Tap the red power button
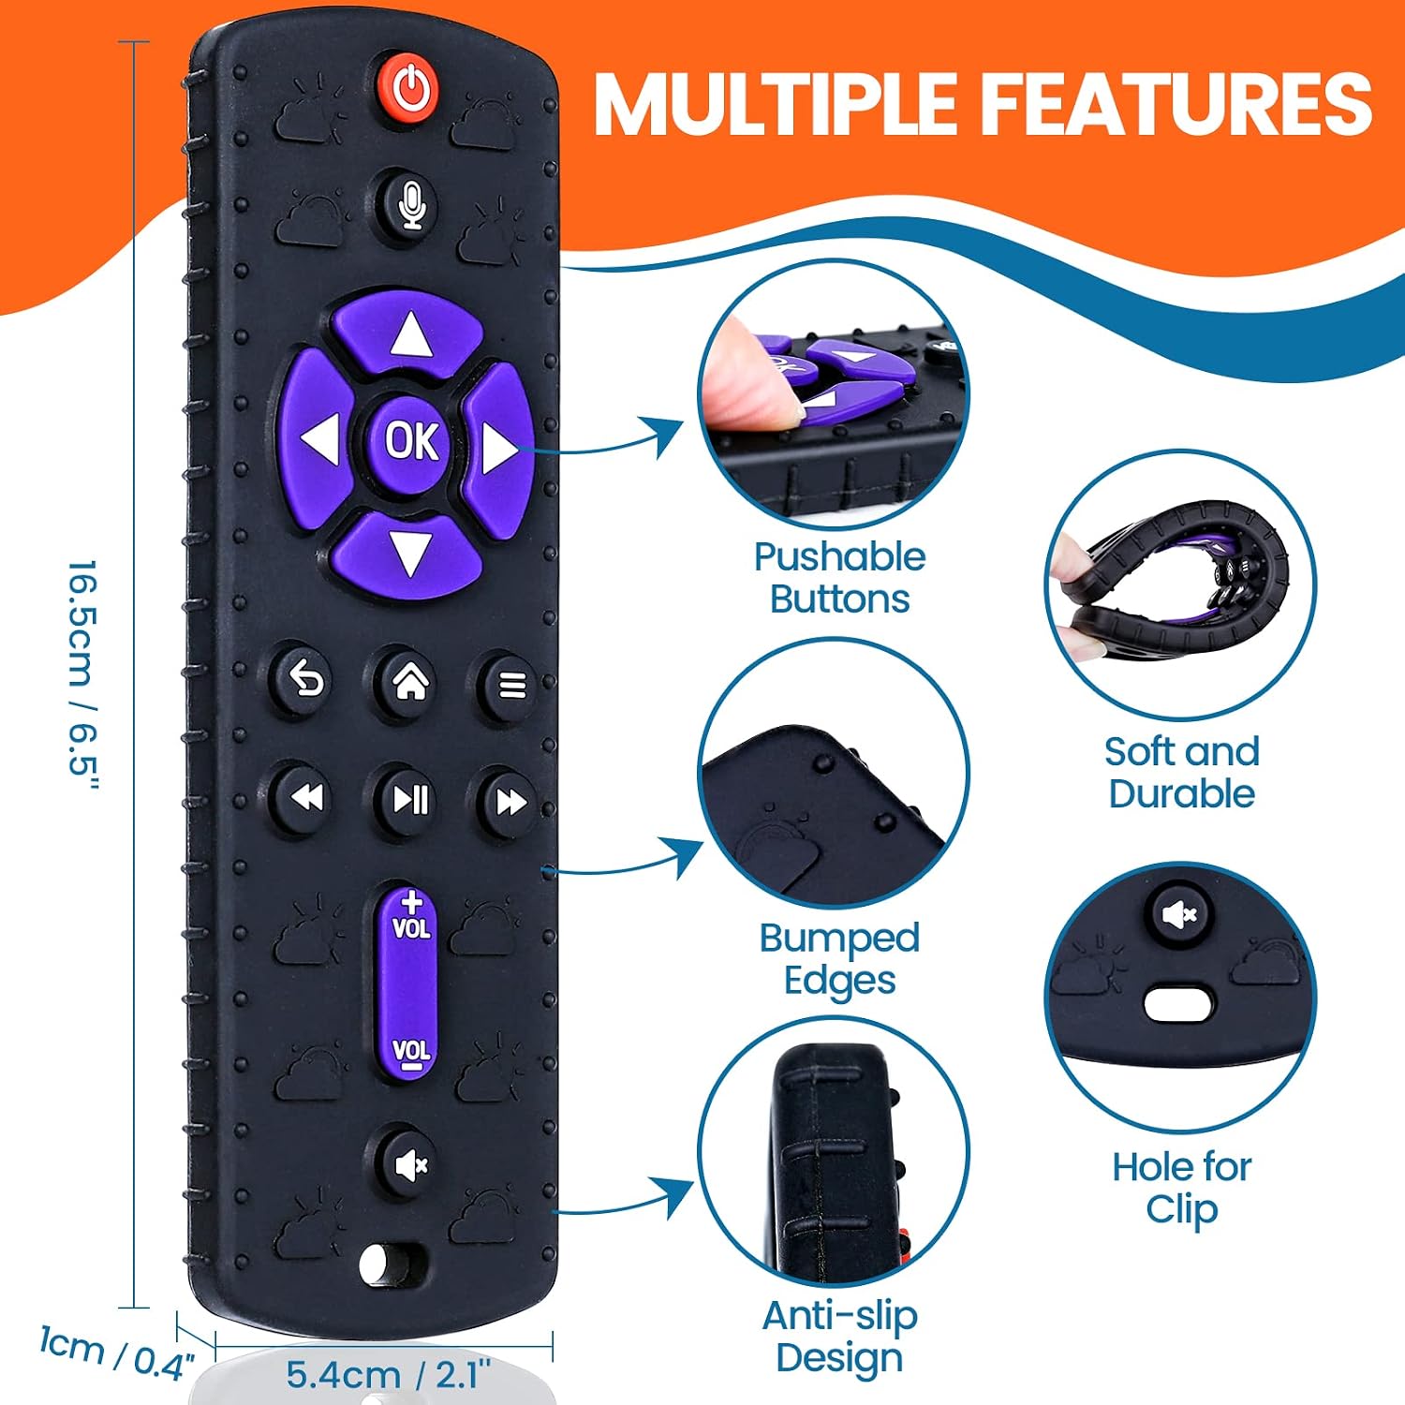pyautogui.click(x=410, y=88)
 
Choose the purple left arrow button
pyautogui.click(x=317, y=440)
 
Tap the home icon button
pyautogui.click(x=408, y=682)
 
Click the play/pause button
pyautogui.click(x=409, y=799)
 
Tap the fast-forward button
pyautogui.click(x=510, y=802)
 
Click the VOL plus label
pyautogui.click(x=410, y=916)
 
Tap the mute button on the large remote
pyautogui.click(x=410, y=1164)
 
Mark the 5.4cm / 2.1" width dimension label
pyautogui.click(x=389, y=1373)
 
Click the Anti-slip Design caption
pyautogui.click(x=839, y=1337)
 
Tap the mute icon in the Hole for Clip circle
pyautogui.click(x=1180, y=913)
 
